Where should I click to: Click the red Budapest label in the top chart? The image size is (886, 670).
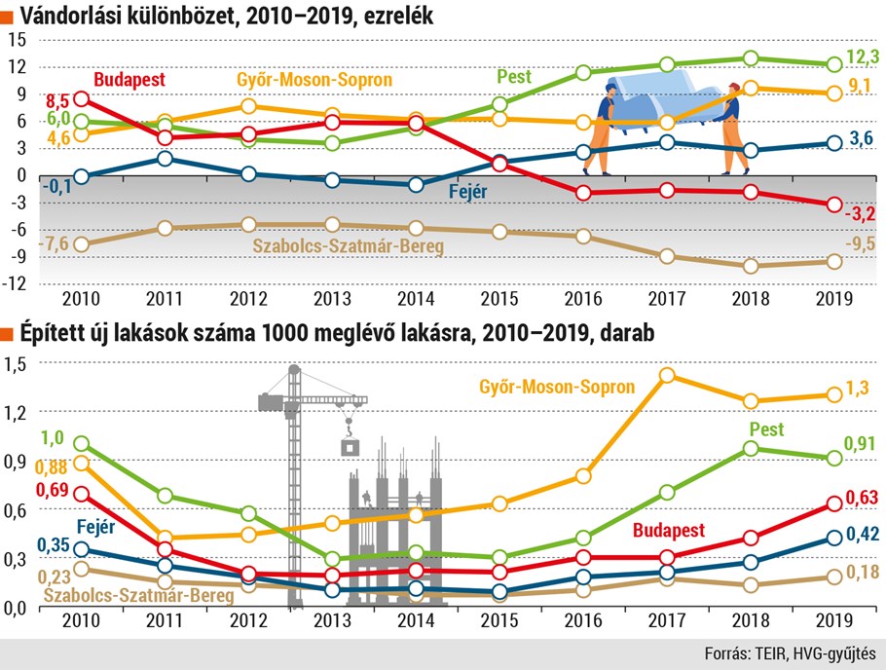pos(129,80)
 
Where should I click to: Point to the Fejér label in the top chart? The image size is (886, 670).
pos(467,192)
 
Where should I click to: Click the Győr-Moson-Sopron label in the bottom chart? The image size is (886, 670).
pos(557,387)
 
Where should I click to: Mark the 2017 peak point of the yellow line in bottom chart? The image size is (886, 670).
pos(667,375)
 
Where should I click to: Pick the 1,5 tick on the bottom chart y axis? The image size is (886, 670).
pos(15,364)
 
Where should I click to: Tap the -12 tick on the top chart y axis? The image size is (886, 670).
pos(16,283)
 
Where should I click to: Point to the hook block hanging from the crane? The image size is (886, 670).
pos(349,446)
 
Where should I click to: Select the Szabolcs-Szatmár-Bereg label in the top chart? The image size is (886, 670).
pos(348,246)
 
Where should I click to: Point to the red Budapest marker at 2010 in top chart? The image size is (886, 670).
pos(82,99)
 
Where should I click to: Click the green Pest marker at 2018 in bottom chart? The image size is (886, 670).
pos(751,448)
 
